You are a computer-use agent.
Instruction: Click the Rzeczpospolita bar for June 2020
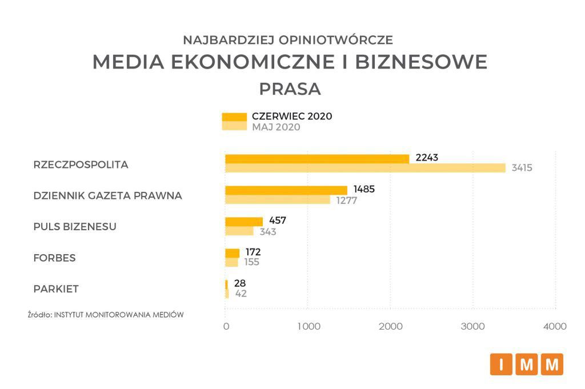coord(317,159)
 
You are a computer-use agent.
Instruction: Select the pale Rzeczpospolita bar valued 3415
coord(366,168)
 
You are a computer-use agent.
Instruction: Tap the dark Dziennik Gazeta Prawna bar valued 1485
coord(286,190)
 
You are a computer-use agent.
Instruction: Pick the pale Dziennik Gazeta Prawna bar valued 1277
coord(278,199)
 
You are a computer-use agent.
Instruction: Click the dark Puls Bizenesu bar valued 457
coord(244,221)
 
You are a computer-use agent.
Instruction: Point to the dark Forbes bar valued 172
coord(233,252)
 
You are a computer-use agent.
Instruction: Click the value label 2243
coord(427,158)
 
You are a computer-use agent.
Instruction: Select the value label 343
coord(267,231)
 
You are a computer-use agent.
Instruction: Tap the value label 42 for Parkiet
coord(241,294)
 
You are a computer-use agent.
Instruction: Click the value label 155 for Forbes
coord(251,262)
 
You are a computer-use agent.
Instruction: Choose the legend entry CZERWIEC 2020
coord(291,116)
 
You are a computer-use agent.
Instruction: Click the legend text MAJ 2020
coord(276,127)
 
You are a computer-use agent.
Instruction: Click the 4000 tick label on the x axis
coord(555,326)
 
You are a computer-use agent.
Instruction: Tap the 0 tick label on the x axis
coord(226,326)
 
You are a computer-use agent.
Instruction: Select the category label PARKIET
coord(56,289)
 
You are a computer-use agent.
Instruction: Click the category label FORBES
coord(55,258)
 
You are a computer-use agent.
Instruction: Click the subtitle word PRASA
coord(290,90)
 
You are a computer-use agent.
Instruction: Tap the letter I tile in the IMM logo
coord(501,364)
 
